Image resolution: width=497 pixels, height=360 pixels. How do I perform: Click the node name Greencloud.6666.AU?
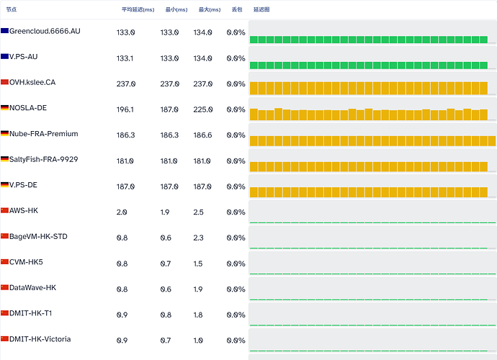45,31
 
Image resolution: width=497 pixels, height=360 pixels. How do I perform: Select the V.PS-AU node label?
24,57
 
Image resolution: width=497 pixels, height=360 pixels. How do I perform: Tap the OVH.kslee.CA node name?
32,82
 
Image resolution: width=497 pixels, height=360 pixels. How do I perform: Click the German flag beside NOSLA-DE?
4,108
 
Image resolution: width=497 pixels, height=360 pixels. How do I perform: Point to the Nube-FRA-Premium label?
44,134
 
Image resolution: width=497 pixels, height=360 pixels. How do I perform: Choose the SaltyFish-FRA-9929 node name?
44,159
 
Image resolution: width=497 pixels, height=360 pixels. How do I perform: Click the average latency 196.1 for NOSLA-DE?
125,109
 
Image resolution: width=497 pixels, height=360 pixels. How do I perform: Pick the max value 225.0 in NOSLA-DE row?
203,109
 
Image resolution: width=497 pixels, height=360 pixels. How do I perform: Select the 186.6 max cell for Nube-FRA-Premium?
202,135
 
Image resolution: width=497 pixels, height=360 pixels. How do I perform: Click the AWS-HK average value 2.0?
122,212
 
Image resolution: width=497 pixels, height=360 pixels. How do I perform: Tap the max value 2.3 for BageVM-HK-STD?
198,238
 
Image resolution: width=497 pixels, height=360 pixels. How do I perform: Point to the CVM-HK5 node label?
26,262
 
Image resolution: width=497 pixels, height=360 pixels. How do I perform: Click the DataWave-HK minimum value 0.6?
166,289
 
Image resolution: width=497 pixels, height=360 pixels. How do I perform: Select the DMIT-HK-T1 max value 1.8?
198,315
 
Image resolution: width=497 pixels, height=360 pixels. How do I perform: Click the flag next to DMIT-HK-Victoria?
4,339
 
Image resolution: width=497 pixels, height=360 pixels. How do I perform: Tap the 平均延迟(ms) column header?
138,9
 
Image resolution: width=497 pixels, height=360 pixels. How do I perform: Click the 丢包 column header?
237,9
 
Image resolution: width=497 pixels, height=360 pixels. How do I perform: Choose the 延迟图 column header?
261,9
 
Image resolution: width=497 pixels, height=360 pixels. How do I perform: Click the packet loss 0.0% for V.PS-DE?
236,186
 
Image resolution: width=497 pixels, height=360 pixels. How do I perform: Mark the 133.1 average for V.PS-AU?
125,58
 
